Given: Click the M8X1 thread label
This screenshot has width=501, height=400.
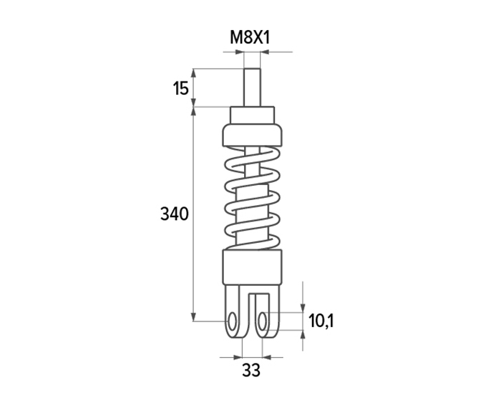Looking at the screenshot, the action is click(x=250, y=38).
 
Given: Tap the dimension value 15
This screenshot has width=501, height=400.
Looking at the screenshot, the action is click(x=181, y=89).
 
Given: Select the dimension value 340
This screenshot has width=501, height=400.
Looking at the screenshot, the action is click(x=174, y=214).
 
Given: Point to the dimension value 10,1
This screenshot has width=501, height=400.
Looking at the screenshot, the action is click(x=321, y=321).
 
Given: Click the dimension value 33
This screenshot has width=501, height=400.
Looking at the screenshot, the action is click(x=251, y=371).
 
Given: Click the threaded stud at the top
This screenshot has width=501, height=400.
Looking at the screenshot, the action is click(x=252, y=87).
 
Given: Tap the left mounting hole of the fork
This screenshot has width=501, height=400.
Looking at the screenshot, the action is click(x=233, y=321).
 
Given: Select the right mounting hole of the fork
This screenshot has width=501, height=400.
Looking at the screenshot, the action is click(x=263, y=321).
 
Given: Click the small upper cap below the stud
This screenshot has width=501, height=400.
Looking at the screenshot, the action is click(x=252, y=115).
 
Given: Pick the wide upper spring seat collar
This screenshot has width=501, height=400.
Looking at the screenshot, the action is click(x=252, y=135).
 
